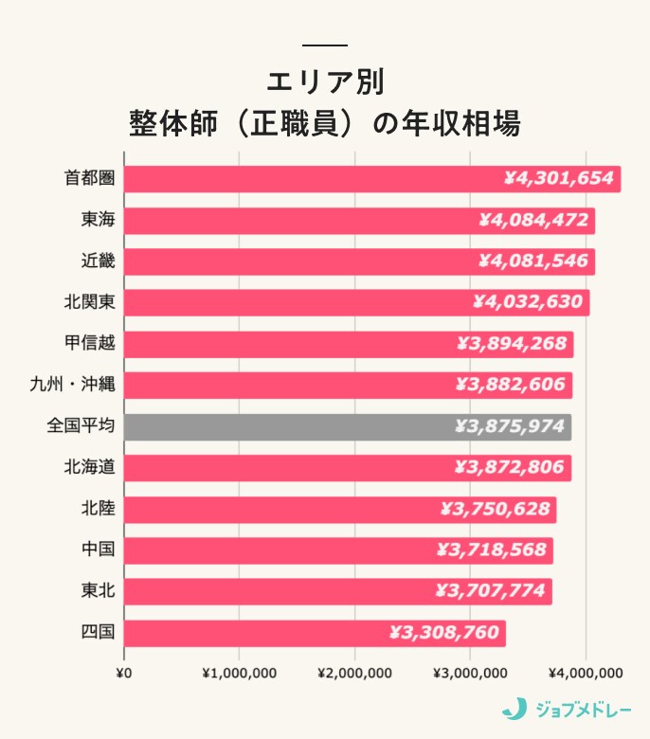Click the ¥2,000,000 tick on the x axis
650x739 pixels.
(x=355, y=674)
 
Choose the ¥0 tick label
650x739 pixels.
(x=124, y=674)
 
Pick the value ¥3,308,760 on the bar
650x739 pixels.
(x=443, y=632)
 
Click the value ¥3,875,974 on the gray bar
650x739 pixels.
(x=509, y=426)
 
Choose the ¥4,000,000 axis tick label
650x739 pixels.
(x=586, y=674)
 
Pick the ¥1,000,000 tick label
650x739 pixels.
(x=239, y=674)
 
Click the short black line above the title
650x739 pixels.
(x=324, y=45)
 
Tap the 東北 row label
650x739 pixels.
(x=99, y=591)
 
